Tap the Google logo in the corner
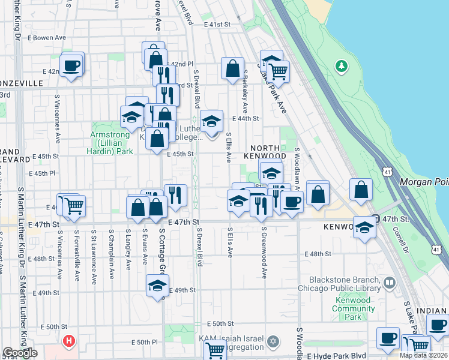tap(20, 353)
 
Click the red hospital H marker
tap(69, 342)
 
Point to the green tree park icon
tap(342, 65)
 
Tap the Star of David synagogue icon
tap(274, 341)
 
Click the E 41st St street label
tap(217, 25)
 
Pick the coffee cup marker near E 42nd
tap(71, 65)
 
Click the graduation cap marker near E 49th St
tap(157, 286)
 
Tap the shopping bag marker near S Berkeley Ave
tap(232, 68)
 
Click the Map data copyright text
tap(423, 355)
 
